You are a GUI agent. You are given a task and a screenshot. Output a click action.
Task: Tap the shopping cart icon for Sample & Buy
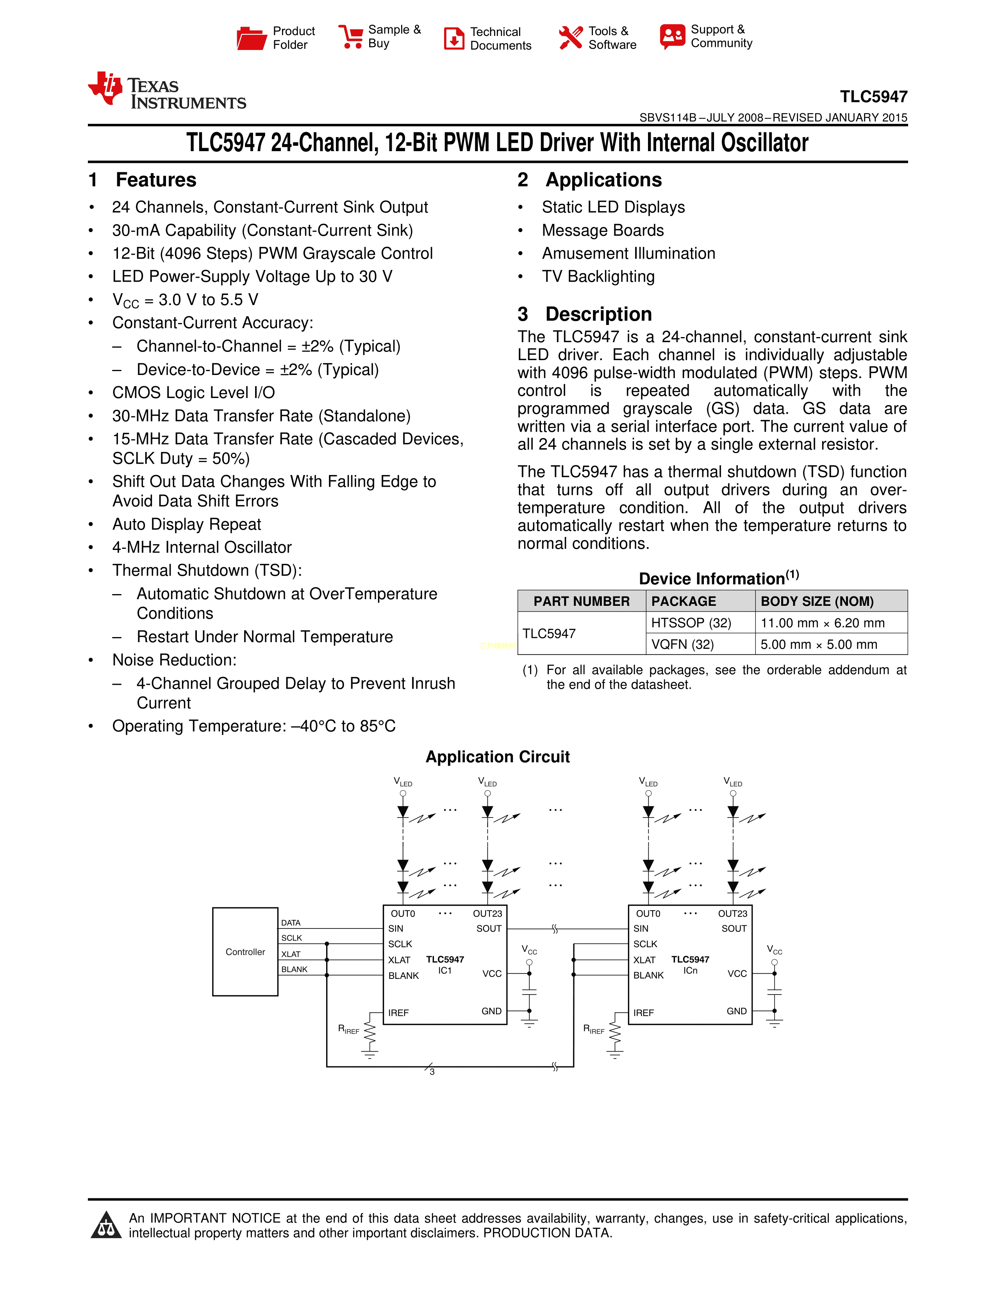[x=351, y=37]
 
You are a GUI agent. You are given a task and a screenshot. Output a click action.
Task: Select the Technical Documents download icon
[x=454, y=38]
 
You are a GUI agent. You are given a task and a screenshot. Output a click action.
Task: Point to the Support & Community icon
[x=673, y=37]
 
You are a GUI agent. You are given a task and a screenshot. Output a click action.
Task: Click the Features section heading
[x=156, y=180]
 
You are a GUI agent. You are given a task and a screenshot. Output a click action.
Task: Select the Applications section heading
[x=603, y=180]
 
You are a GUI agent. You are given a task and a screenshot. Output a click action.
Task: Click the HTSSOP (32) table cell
[x=691, y=623]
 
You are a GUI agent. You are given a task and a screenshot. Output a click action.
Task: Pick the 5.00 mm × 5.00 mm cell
[x=818, y=644]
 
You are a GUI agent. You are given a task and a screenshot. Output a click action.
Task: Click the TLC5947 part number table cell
[x=549, y=633]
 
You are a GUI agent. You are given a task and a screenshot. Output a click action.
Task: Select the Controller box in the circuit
[x=245, y=952]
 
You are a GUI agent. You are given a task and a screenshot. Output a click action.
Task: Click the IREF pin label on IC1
[x=398, y=1013]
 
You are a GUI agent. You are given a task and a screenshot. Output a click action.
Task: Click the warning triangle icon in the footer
[x=106, y=1225]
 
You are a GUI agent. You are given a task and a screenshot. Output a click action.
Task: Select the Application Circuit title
[x=497, y=757]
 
